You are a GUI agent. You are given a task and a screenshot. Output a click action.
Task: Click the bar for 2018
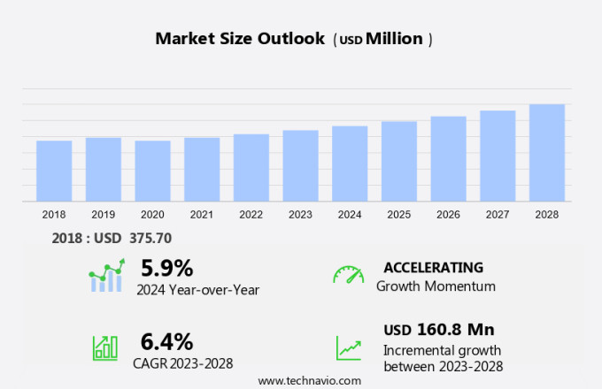(54, 171)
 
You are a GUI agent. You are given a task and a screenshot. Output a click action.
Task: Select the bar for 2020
(152, 171)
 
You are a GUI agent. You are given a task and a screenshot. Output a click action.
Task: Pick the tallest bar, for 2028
(547, 153)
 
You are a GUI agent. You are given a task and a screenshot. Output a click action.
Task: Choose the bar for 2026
(448, 159)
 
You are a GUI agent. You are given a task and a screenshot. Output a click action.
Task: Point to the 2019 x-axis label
(103, 215)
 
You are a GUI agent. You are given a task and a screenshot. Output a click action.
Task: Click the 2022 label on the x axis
(251, 215)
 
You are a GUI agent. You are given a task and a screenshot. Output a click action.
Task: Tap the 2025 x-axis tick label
(399, 215)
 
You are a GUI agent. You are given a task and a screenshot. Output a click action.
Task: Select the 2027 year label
(498, 215)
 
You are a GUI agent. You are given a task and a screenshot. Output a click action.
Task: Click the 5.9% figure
(166, 268)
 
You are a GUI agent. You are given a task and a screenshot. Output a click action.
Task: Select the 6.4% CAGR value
(166, 341)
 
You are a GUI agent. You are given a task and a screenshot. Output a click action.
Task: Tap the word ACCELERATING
(433, 268)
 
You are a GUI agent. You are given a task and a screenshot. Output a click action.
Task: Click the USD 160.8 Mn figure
(438, 330)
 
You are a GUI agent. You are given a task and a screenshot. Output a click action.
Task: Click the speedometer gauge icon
(348, 275)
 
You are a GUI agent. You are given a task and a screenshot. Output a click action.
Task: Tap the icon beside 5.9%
(106, 276)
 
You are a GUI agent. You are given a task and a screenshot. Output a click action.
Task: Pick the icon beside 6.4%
(104, 347)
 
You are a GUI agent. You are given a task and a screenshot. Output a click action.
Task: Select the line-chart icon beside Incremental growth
(348, 347)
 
